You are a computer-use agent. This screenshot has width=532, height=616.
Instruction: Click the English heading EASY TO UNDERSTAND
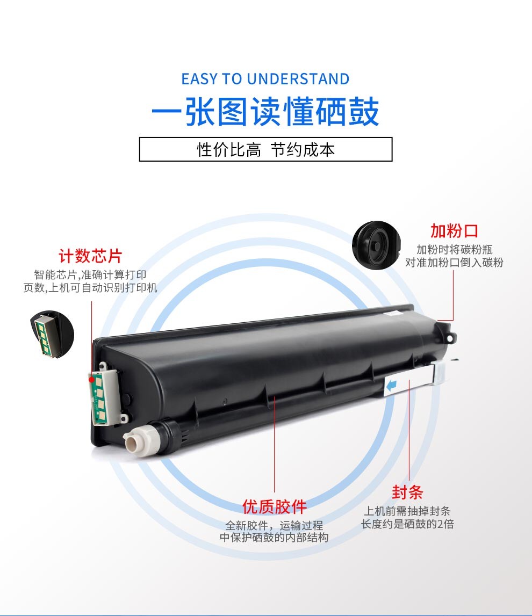click(265, 79)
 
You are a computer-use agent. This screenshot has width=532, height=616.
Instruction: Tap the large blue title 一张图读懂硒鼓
click(265, 112)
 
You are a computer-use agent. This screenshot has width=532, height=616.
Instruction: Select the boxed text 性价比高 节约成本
click(266, 150)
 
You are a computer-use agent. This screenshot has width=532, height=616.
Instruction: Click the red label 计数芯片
click(90, 256)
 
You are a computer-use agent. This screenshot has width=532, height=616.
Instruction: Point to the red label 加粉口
click(454, 230)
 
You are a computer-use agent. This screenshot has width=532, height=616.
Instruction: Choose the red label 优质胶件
click(275, 507)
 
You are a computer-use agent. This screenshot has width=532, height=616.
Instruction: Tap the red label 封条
click(407, 492)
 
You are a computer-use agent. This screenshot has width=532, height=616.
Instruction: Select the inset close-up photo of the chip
click(52, 334)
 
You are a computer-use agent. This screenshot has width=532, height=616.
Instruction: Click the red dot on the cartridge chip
click(91, 380)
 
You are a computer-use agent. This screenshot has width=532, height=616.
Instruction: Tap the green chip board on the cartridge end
click(98, 398)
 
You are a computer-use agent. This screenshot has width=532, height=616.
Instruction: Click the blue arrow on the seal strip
click(391, 386)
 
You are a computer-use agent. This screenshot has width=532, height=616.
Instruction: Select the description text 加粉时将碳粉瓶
click(455, 250)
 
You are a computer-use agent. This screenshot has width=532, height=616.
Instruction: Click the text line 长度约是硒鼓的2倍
click(407, 524)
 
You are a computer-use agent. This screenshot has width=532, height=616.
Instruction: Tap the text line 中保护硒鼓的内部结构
click(274, 537)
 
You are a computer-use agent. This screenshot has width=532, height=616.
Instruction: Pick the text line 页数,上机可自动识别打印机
click(90, 287)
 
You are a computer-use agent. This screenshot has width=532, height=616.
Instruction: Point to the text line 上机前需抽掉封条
click(407, 511)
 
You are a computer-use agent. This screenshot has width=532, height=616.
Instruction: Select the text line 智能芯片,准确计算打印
click(90, 274)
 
